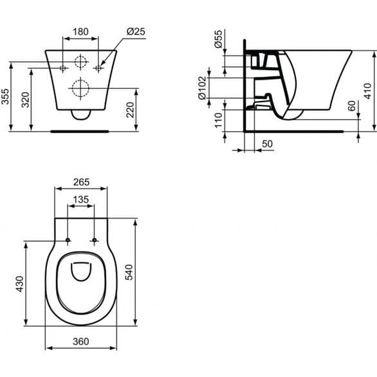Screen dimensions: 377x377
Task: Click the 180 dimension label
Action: (x=80, y=32)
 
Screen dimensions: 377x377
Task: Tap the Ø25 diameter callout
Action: (x=136, y=32)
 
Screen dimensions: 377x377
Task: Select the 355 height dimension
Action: (x=5, y=97)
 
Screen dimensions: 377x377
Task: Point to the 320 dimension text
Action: (x=25, y=100)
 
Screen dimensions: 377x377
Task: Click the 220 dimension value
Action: (x=131, y=110)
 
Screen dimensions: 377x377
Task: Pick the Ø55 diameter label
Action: (x=218, y=39)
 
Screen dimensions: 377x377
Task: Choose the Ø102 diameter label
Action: (x=202, y=88)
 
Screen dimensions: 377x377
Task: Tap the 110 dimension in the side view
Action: (x=219, y=120)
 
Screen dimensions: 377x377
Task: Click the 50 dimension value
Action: (x=267, y=143)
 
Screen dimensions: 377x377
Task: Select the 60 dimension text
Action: (x=352, y=106)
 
